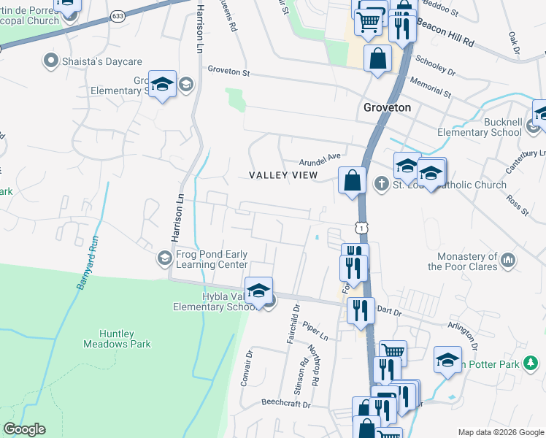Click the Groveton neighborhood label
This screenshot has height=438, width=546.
tap(388, 107)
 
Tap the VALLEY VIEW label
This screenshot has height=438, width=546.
tap(283, 175)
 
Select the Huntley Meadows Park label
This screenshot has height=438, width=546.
tap(109, 339)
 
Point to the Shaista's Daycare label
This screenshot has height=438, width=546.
tap(91, 60)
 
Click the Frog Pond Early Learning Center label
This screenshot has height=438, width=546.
tap(212, 259)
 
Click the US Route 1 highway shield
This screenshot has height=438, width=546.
tap(361, 228)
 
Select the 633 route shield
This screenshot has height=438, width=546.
tap(118, 15)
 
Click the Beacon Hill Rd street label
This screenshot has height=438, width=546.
tap(445, 33)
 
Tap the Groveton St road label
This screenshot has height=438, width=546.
tap(228, 72)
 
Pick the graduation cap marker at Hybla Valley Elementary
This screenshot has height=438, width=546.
tap(258, 291)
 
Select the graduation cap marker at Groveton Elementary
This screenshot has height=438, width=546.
tap(163, 83)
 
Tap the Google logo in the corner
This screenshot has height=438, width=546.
tap(24, 429)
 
